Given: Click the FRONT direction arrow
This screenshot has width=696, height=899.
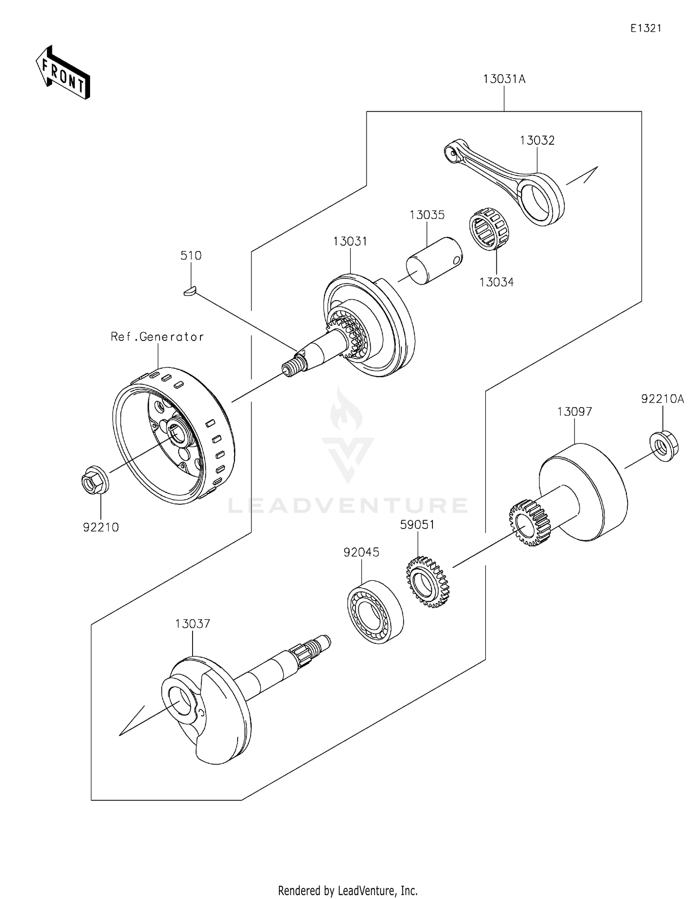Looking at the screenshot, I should tap(63, 73).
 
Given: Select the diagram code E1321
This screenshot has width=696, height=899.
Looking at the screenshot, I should tap(645, 28).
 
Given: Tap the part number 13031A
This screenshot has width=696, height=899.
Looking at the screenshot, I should tap(504, 79).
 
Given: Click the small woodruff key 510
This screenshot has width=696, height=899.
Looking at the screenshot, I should tap(189, 291).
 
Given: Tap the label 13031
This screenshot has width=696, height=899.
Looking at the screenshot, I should tap(350, 242).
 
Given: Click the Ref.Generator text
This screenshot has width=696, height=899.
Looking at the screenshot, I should tap(157, 337).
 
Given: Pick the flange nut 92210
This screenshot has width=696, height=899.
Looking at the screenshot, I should tap(95, 479).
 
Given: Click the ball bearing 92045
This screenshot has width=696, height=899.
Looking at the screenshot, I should tap(375, 611).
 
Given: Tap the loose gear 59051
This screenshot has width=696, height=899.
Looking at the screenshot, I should tap(428, 583).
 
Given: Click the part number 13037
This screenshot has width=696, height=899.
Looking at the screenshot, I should tap(193, 624).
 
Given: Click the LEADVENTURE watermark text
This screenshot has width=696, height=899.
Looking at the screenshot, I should tap(348, 506).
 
